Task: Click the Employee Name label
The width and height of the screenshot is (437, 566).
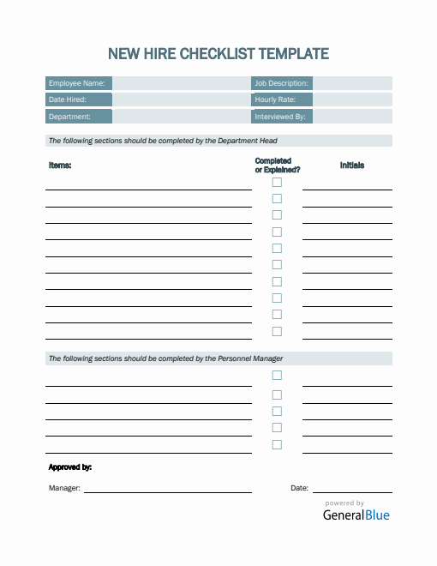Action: [x=77, y=83]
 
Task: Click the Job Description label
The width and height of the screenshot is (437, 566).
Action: [x=281, y=83]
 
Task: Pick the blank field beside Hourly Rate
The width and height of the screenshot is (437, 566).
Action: [x=351, y=99]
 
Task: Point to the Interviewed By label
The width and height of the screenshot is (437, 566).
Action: [x=280, y=117]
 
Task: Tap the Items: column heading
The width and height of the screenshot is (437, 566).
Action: [x=60, y=166]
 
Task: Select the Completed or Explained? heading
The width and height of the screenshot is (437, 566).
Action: [x=277, y=166]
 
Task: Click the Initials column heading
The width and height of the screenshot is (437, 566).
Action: [x=351, y=166]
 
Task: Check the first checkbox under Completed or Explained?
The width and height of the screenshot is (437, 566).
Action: [x=277, y=182]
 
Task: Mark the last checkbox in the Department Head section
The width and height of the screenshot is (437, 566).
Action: [x=277, y=332]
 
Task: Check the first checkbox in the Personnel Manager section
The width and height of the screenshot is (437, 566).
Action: [x=277, y=376]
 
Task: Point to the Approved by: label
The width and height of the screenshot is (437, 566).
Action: [x=70, y=467]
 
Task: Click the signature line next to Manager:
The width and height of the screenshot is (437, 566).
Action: [x=167, y=491]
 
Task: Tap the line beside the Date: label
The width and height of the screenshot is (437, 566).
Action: [x=351, y=491]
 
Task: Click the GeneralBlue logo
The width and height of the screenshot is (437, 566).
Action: [x=356, y=515]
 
